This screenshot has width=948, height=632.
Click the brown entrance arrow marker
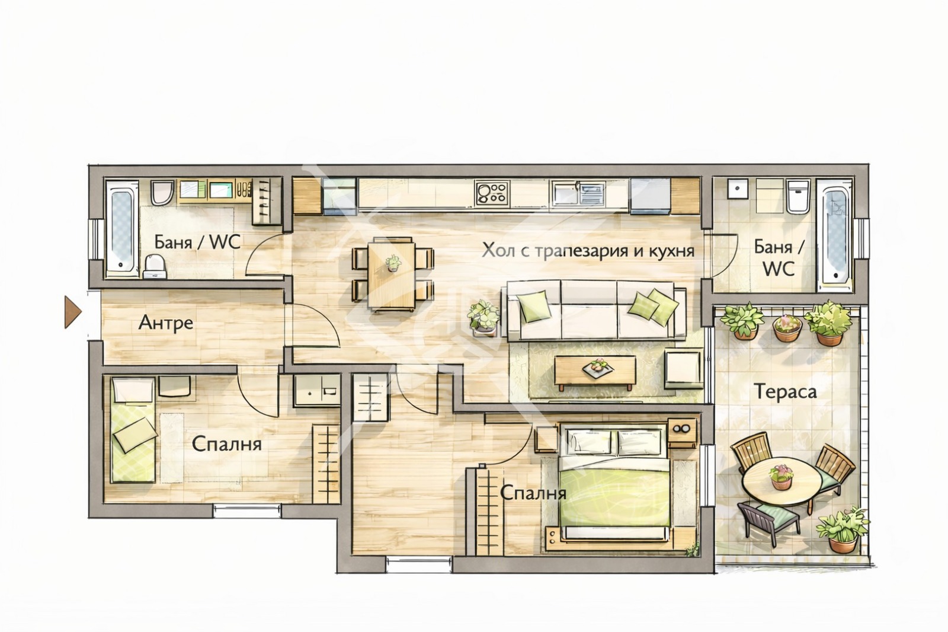pyautogui.click(x=72, y=312)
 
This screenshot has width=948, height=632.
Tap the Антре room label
pyautogui.click(x=165, y=323)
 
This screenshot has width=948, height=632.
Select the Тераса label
pyautogui.click(x=785, y=391)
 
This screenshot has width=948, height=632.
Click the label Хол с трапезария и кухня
pyautogui.click(x=588, y=251)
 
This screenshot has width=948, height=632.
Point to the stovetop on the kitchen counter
pyautogui.click(x=492, y=193)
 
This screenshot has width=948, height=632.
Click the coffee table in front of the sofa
pyautogui.click(x=595, y=372)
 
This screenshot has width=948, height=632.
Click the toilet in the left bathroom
pyautogui.click(x=155, y=266)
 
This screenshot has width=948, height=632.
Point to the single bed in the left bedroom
pyautogui.click(x=133, y=429)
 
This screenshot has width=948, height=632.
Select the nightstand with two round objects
pyautogui.click(x=682, y=432)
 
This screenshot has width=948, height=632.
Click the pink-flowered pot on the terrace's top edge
pyautogui.click(x=787, y=328)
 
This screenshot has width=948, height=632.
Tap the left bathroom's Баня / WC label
pyautogui.click(x=197, y=242)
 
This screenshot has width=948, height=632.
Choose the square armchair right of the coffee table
pyautogui.click(x=684, y=369)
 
